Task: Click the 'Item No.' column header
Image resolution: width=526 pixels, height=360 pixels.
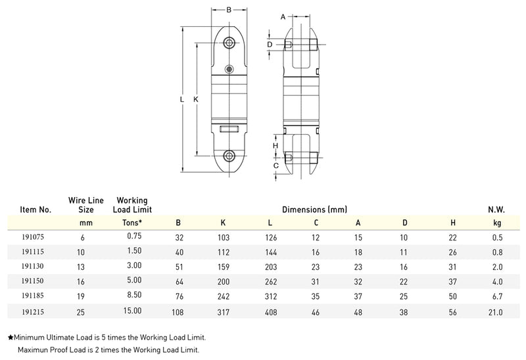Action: click(x=36, y=210)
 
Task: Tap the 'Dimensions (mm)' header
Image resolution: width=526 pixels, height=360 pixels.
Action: click(x=314, y=210)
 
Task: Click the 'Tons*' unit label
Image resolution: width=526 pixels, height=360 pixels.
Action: click(x=133, y=223)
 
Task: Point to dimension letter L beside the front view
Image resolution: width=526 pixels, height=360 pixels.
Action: click(x=182, y=99)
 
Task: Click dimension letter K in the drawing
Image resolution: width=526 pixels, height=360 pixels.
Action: click(x=195, y=99)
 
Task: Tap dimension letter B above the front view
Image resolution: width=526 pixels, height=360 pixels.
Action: click(x=229, y=10)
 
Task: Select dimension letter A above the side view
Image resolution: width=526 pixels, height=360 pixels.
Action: click(x=283, y=17)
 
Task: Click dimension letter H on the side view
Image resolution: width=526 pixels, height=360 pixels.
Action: click(x=276, y=145)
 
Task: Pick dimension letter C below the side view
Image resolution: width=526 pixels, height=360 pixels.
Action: click(x=276, y=166)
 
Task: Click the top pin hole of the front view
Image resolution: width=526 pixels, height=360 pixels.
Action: click(x=229, y=43)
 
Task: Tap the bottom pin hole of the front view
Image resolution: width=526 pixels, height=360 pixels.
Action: click(x=229, y=156)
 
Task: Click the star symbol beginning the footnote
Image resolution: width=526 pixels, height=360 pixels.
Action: click(x=11, y=338)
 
